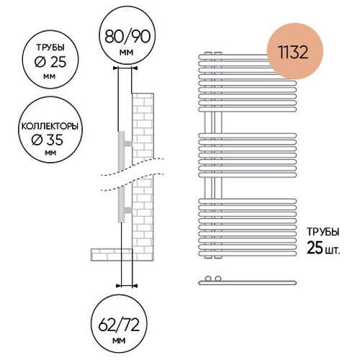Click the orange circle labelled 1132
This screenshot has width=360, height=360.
click(x=294, y=51)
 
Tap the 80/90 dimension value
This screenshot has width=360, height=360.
click(x=127, y=37)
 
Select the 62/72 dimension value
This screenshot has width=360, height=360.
click(x=119, y=325)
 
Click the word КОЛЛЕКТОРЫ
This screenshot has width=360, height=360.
click(x=50, y=127)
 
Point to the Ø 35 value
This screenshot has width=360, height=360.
click(x=48, y=140)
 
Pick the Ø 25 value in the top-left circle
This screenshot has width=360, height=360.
click(x=50, y=62)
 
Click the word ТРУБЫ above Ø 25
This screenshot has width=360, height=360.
click(x=50, y=48)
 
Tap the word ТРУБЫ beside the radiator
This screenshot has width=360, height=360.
click(x=323, y=232)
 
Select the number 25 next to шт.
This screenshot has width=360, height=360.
click(x=315, y=248)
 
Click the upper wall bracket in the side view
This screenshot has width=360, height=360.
click(x=127, y=143)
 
